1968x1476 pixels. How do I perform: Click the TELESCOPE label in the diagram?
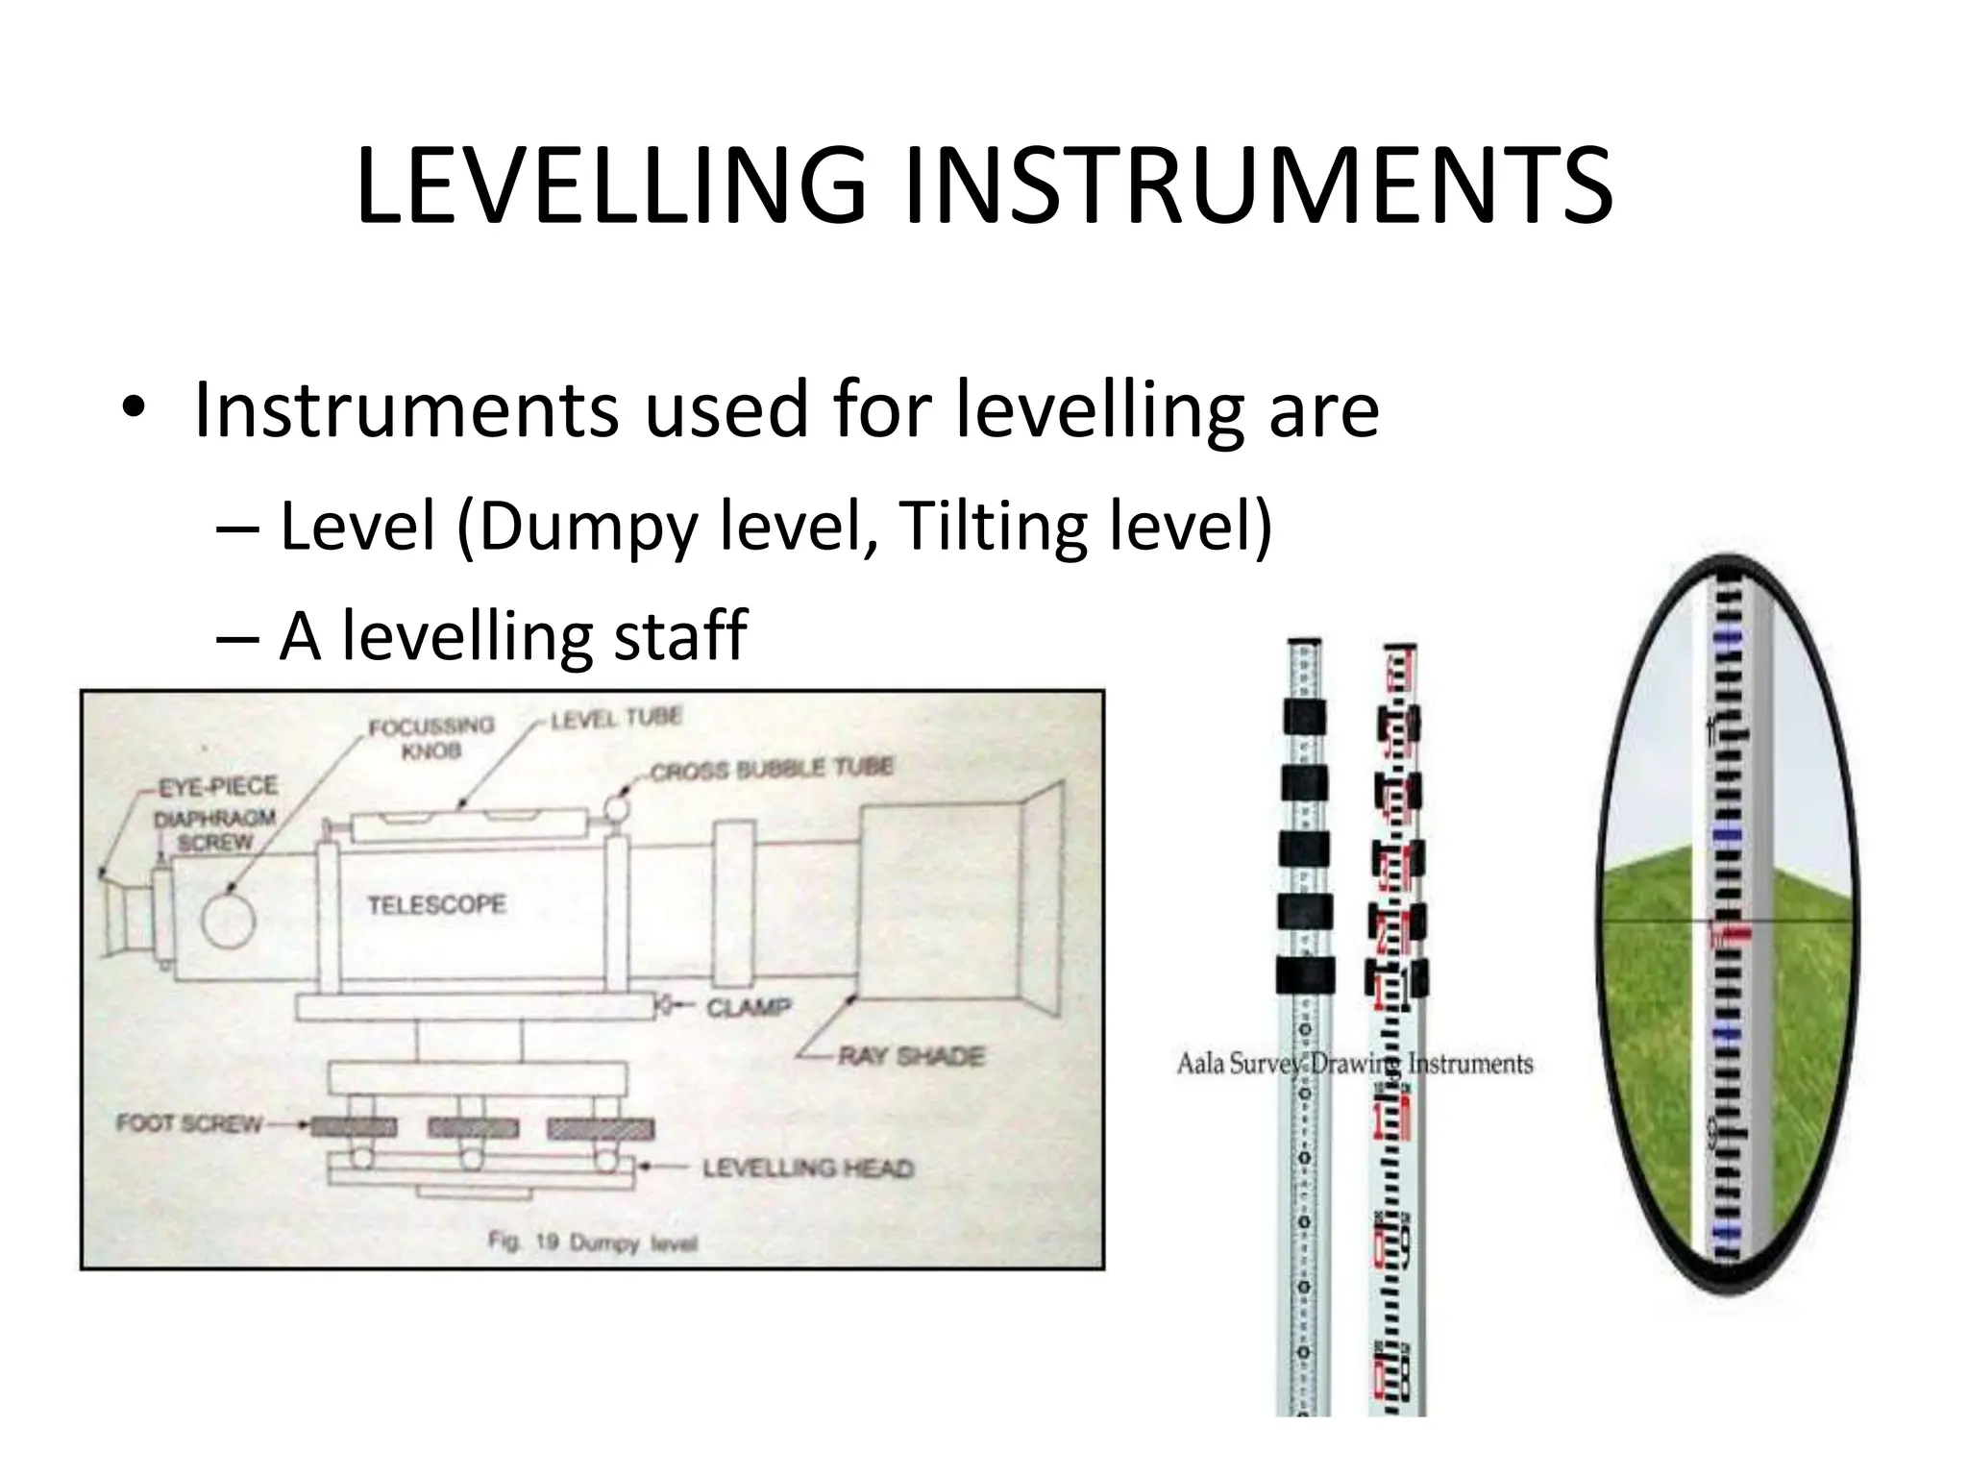436,904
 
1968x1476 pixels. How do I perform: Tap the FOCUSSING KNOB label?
430,737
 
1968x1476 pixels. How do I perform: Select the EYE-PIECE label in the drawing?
218,786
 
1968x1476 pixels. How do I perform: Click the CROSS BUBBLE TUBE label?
772,769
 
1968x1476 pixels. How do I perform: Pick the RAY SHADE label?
911,1057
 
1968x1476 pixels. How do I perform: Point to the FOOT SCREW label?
188,1123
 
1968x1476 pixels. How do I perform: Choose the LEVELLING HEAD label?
807,1168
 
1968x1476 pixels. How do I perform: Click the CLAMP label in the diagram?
749,1007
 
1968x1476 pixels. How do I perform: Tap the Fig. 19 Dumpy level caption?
592,1242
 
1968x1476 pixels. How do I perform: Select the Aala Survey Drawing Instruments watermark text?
1355,1064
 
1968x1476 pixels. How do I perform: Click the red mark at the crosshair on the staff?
1728,930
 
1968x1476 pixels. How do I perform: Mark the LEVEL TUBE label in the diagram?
616,717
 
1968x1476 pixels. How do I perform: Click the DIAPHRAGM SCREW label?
215,830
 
